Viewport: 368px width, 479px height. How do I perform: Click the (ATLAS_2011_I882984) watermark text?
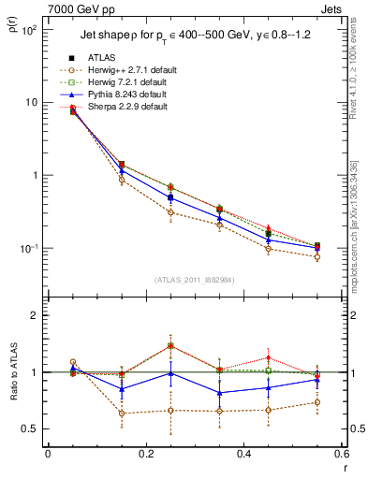coord(196,280)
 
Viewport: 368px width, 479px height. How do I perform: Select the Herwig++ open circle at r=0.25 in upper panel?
coord(170,212)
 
